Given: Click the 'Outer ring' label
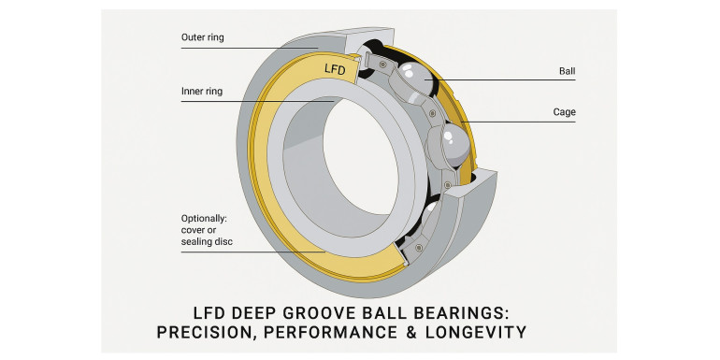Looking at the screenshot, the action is click(x=203, y=37).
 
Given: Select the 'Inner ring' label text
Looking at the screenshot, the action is click(x=202, y=91).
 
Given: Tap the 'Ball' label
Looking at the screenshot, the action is click(x=567, y=71).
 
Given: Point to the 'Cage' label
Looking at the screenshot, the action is click(x=565, y=112).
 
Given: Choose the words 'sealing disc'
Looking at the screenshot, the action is click(x=207, y=241).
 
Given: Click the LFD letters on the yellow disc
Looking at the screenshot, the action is click(x=335, y=69).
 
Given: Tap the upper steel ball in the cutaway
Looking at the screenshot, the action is click(x=414, y=79).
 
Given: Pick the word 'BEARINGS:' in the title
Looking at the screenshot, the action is click(x=470, y=313).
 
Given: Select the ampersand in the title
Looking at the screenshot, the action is click(x=411, y=332).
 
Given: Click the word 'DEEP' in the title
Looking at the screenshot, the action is click(x=254, y=313).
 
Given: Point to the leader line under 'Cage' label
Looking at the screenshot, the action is click(x=519, y=122).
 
